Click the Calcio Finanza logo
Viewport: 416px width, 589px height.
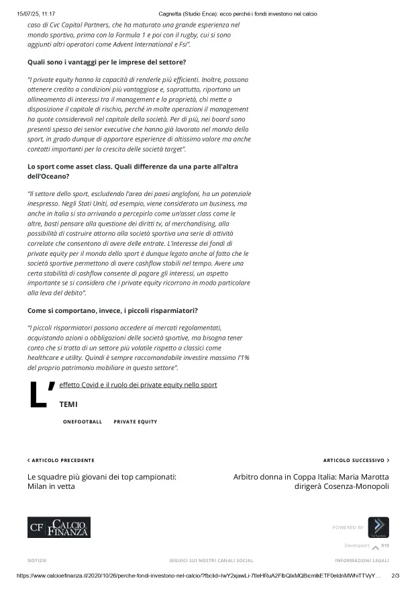pos(59,527)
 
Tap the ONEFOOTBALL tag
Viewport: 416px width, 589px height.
pos(83,422)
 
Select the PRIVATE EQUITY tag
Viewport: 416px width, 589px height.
pos(136,422)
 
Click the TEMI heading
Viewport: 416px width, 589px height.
pos(68,404)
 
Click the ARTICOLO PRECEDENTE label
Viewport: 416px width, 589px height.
pos(61,460)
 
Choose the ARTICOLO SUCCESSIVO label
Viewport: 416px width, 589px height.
pos(356,460)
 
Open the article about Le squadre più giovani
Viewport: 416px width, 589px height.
pos(102,481)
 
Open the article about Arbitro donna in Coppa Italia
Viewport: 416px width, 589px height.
pos(311,481)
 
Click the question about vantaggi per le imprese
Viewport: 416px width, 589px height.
pos(107,62)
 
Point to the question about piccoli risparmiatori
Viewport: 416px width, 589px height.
pos(113,310)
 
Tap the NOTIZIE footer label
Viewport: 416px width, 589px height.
pos(37,560)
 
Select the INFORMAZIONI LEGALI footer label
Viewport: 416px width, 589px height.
pos(362,560)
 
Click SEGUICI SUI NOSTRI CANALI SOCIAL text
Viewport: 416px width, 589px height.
pos(211,560)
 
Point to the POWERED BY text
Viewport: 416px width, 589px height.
pos(348,527)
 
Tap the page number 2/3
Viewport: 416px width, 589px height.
pos(395,576)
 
